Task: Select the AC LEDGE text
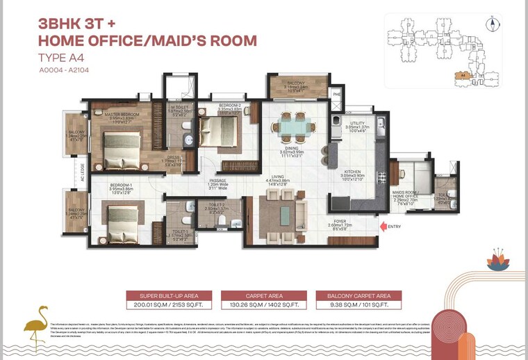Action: [83, 170]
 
